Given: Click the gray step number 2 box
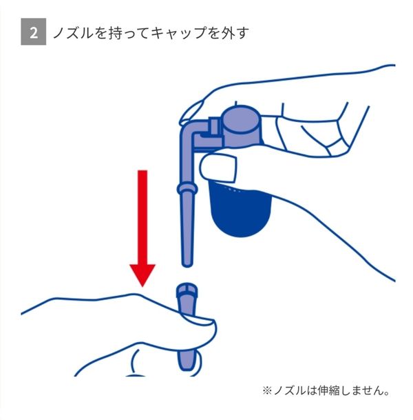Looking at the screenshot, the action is tap(34, 32).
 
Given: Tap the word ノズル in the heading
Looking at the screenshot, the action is tap(73, 33).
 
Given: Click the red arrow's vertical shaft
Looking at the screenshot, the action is tap(142, 217).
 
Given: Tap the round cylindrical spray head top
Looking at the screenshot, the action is tap(241, 120).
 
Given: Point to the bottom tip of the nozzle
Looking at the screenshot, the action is tap(187, 263).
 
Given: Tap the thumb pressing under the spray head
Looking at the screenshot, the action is tap(218, 168).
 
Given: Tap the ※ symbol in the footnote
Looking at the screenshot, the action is tap(267, 391).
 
